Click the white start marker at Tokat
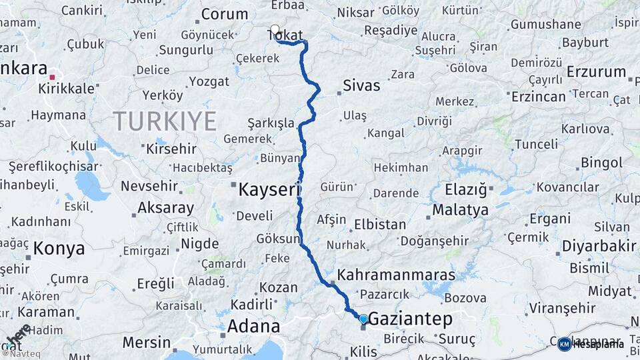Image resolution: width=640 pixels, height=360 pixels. tap(275, 29)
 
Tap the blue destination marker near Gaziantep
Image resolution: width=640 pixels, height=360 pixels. tap(363, 319)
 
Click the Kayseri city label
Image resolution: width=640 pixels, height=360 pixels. tap(270, 190)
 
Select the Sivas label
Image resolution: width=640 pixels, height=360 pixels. tap(361, 85)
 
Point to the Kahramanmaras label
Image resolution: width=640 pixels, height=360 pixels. tap(396, 275)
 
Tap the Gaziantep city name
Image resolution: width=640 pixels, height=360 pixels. tap(410, 319)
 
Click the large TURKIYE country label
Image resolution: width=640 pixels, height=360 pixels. tap(165, 121)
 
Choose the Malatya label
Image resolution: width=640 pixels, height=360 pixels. tap(460, 209)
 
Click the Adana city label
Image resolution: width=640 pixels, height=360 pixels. tap(253, 327)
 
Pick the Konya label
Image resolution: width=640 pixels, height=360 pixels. tap(59, 249)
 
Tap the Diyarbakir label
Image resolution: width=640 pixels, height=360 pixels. tap(599, 246)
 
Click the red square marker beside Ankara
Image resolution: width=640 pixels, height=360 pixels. tap(52, 77)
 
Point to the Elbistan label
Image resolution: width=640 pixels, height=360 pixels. tap(380, 225)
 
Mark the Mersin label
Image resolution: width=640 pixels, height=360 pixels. tap(147, 343)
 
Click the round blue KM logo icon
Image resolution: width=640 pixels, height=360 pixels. tap(564, 344)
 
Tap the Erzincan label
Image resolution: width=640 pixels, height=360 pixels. tap(538, 96)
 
